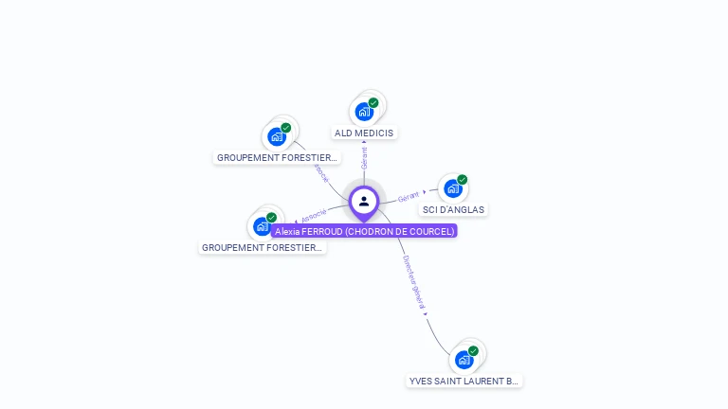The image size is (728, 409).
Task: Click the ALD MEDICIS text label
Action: pos(364,133)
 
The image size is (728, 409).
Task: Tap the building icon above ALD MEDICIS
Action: pos(363,112)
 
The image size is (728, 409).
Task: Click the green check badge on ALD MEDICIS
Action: pos(373,102)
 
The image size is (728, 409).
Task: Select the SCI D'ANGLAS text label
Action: pos(454,210)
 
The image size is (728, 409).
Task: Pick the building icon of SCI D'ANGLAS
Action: pos(452,188)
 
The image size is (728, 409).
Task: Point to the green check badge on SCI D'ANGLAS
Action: pos(463,179)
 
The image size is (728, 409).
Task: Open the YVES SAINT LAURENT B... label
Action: pos(464,382)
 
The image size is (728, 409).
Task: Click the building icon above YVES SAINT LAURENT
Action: pos(464,360)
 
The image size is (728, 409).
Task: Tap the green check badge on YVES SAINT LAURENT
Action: pos(473,350)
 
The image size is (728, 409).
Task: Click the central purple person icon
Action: pos(364,201)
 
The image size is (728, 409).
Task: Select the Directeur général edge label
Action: pos(414,283)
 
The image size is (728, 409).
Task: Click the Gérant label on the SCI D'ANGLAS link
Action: pos(409,197)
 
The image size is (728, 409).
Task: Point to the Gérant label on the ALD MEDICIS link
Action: pos(364,158)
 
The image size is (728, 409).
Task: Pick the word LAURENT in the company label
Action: pos(479,382)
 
